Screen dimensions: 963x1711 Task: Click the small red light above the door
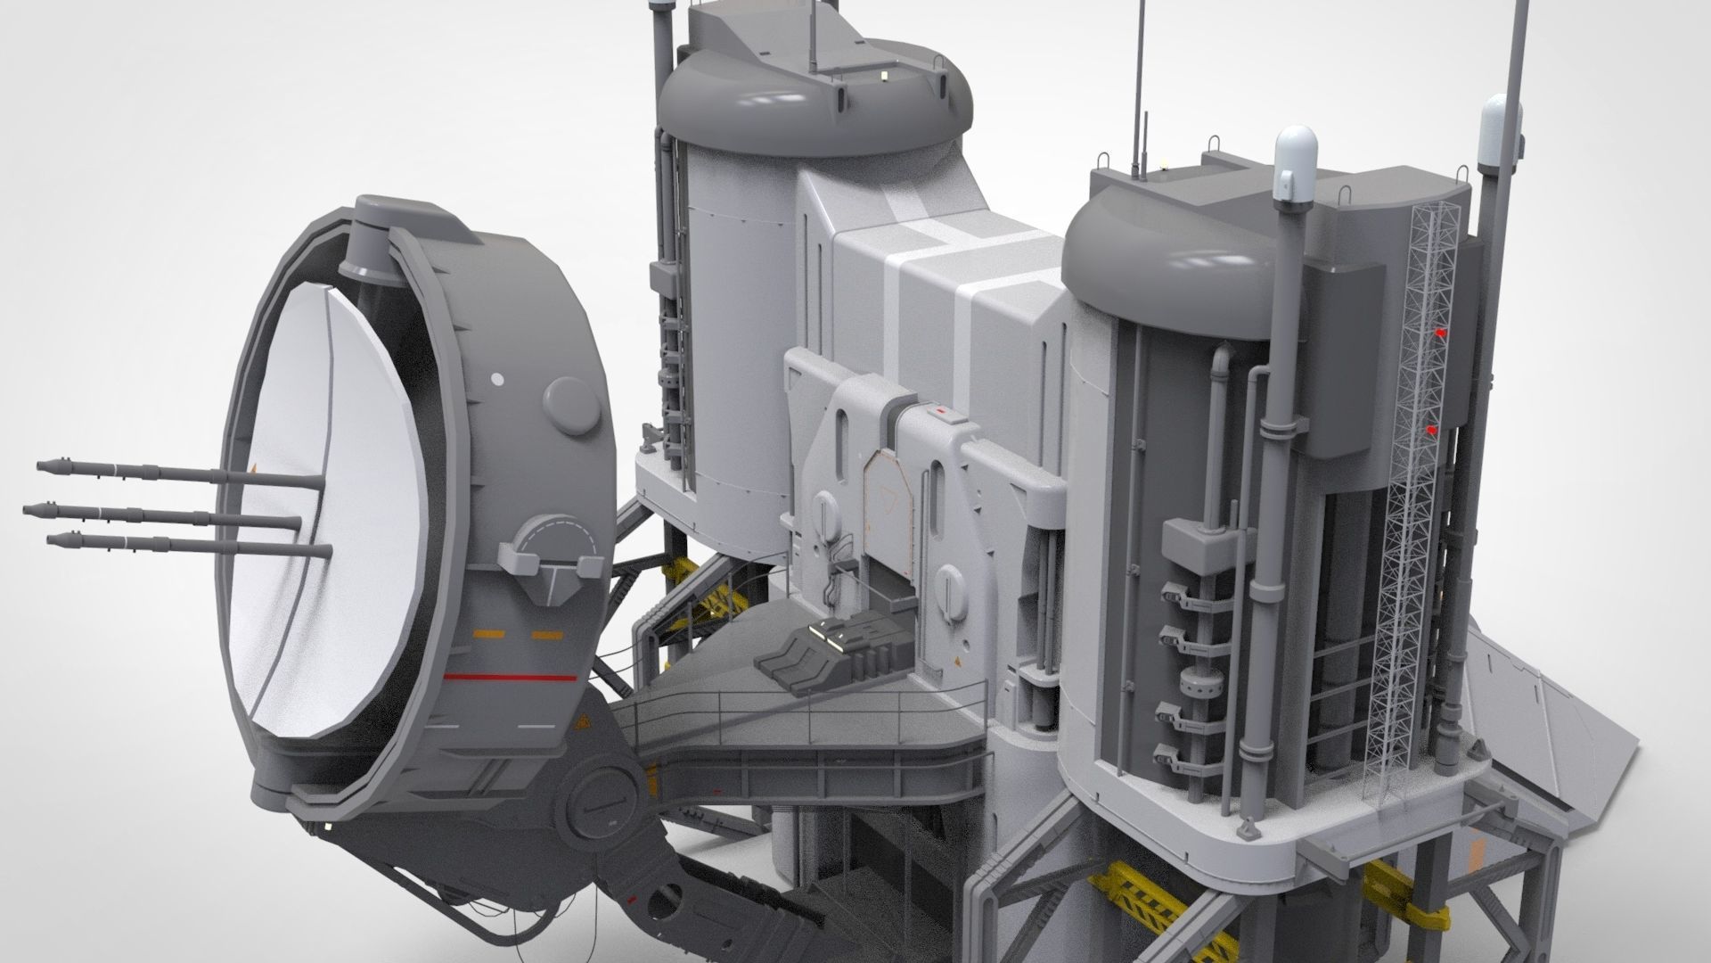[x=941, y=412]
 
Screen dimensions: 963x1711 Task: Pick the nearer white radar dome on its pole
[x=1295, y=167]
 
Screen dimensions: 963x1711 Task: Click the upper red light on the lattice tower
[x=1437, y=332]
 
